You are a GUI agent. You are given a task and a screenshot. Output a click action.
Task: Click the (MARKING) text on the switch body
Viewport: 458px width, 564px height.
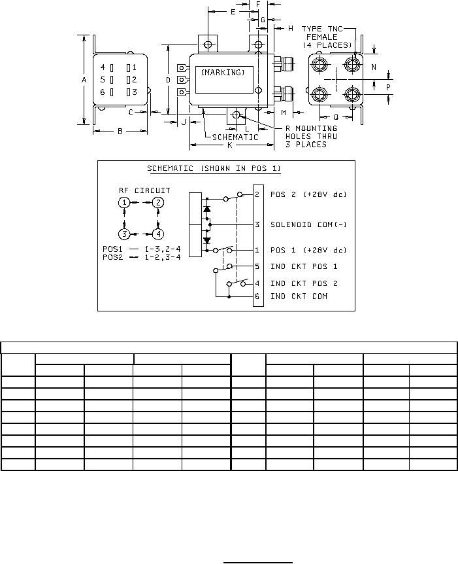point(223,72)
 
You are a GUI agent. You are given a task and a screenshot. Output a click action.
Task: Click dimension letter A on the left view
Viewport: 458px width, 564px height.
point(84,80)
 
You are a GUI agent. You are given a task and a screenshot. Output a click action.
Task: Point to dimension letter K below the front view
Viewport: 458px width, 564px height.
point(230,145)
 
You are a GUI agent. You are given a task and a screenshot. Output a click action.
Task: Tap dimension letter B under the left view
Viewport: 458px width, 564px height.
point(120,132)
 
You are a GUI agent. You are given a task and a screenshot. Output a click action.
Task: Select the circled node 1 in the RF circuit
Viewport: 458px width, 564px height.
point(124,203)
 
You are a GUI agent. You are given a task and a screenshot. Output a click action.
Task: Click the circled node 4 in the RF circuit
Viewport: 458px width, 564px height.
point(158,234)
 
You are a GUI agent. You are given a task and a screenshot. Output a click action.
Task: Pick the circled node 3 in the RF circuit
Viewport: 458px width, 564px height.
point(124,234)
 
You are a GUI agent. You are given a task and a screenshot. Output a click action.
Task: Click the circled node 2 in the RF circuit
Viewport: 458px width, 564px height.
point(158,203)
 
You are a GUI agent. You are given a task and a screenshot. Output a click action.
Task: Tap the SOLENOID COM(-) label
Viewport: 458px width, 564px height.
point(308,224)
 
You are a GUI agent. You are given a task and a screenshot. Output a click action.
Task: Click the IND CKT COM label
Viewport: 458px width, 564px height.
point(299,296)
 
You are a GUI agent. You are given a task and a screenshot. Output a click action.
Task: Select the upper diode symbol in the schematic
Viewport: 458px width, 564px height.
point(206,209)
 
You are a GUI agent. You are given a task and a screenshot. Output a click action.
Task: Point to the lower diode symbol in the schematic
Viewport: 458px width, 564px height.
point(206,240)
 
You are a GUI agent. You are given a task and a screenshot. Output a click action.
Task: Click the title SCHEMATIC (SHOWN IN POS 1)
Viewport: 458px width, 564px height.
point(214,168)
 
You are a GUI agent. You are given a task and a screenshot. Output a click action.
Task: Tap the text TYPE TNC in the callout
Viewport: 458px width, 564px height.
point(322,29)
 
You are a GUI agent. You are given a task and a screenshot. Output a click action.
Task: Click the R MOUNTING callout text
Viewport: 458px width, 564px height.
point(312,128)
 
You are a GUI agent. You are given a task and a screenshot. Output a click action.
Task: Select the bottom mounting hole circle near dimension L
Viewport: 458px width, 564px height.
point(236,115)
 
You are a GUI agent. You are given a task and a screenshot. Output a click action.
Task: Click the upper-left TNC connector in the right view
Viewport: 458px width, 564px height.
point(319,65)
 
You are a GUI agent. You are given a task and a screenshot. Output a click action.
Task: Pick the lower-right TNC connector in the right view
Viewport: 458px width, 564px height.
point(352,95)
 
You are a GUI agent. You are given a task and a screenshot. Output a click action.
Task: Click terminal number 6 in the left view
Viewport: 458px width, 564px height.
point(103,92)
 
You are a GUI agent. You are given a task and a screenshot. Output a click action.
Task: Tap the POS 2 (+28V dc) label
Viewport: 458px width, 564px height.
point(308,194)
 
